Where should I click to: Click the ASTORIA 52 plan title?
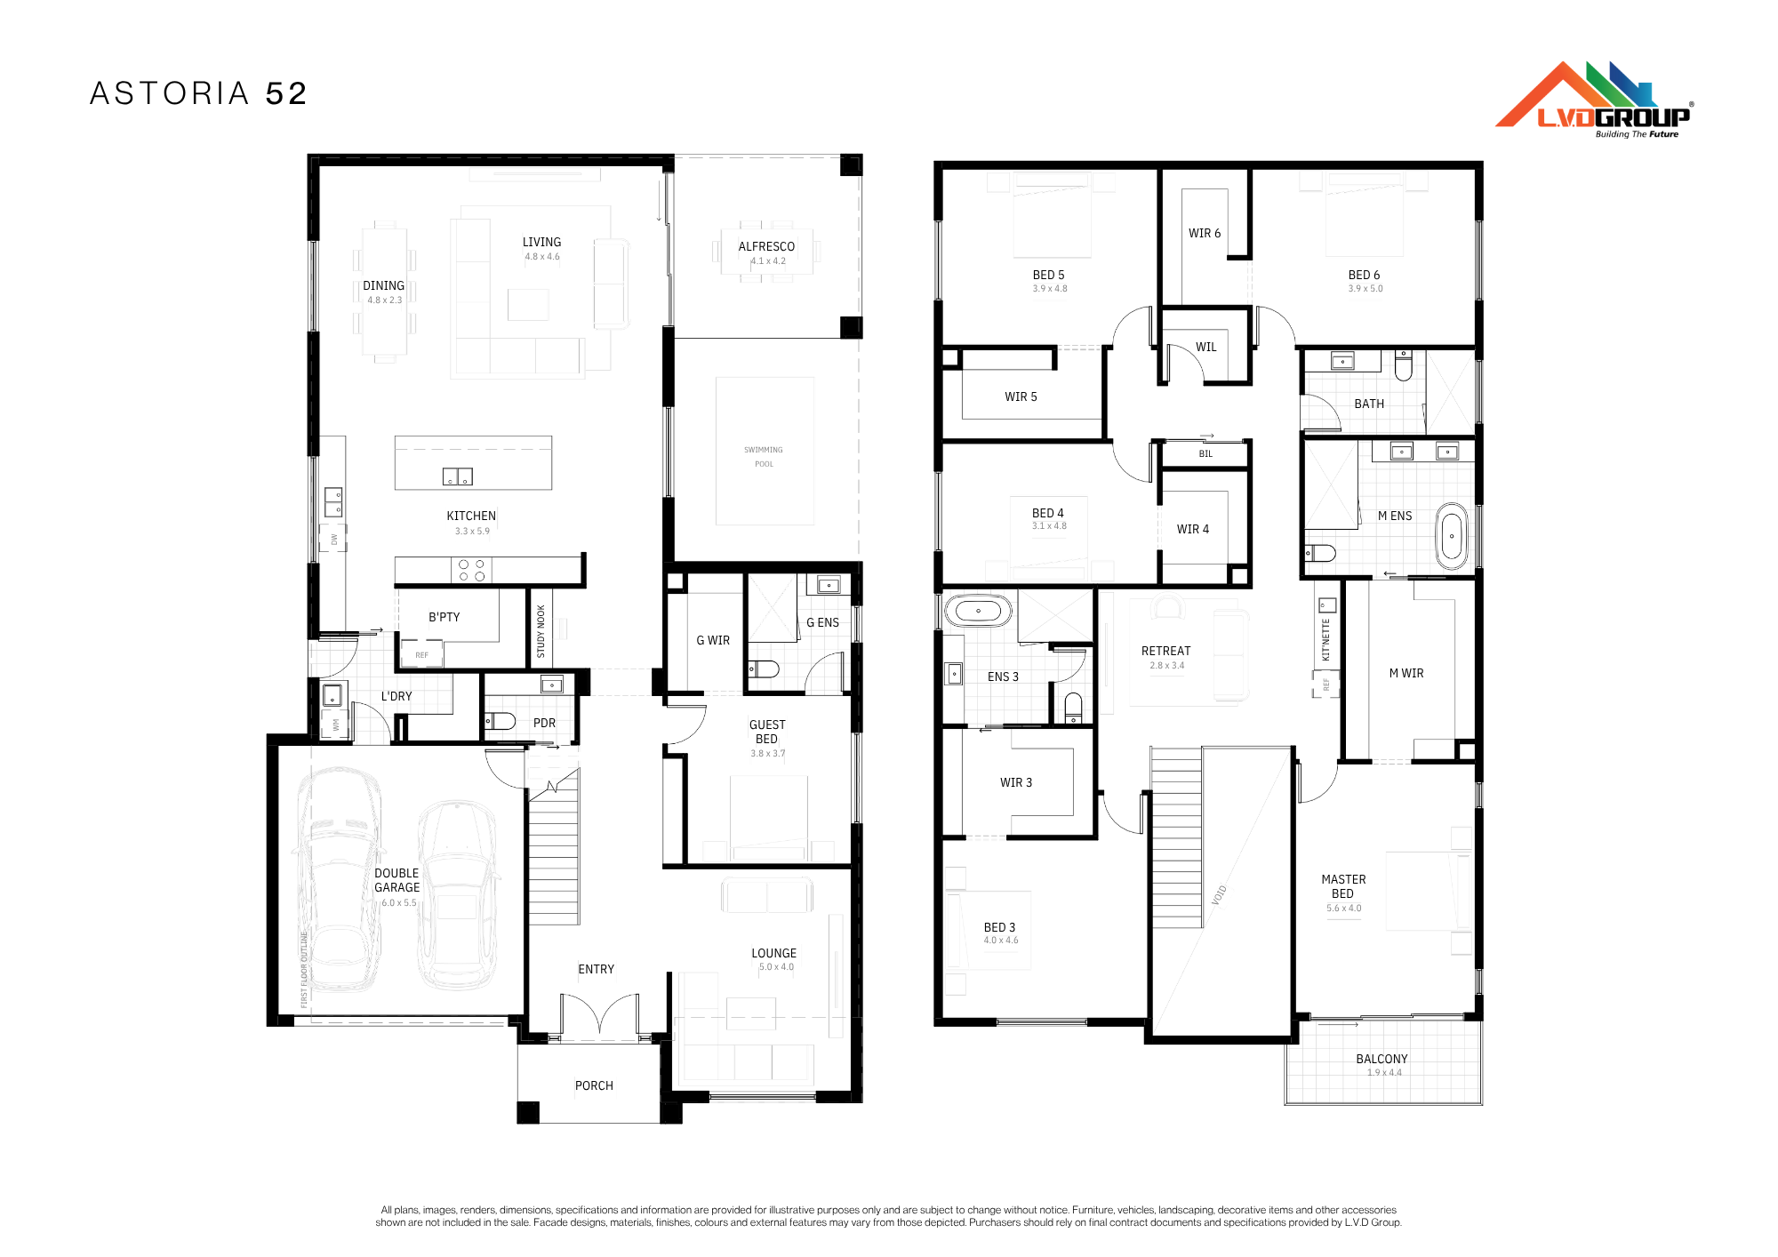(x=198, y=93)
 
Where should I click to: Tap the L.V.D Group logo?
(x=1594, y=100)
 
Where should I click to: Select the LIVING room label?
(x=541, y=242)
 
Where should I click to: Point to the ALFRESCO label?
(x=766, y=246)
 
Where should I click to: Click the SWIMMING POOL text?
(x=764, y=457)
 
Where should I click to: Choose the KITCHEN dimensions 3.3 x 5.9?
(x=472, y=532)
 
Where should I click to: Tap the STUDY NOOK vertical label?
(x=541, y=632)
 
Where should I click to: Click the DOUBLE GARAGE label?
(x=396, y=880)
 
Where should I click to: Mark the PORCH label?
(x=594, y=1085)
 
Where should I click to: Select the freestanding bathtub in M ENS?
(x=1452, y=536)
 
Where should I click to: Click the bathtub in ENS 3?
(x=978, y=612)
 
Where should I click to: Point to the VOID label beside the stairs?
(x=1219, y=895)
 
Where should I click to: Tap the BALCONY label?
(x=1382, y=1059)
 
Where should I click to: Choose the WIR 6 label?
(x=1205, y=233)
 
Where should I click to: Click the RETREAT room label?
(x=1165, y=651)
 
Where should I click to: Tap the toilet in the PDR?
(x=501, y=721)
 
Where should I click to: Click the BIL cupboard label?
(x=1205, y=454)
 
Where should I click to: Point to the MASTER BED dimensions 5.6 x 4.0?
(x=1343, y=909)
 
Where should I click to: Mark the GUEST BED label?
(x=767, y=732)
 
